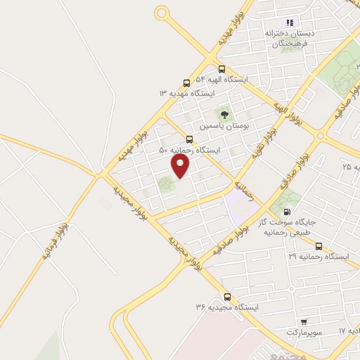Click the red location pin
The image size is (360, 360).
[x=181, y=165]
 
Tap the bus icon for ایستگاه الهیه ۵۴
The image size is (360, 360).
[x=221, y=69]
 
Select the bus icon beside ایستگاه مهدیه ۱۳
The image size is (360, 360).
[x=186, y=82]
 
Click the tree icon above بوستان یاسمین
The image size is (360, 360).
[x=224, y=113]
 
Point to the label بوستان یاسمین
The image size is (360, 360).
[x=224, y=127]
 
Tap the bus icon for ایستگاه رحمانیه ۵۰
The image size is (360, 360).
[x=189, y=139]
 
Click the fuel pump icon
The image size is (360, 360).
[x=286, y=212]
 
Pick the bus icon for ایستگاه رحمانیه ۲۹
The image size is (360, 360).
[x=319, y=246]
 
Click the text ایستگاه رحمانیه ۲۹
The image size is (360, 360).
[x=319, y=257]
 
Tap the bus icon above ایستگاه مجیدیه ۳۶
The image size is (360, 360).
[x=226, y=296]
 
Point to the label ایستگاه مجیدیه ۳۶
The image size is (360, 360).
[x=227, y=308]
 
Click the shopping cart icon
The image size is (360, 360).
[x=303, y=321]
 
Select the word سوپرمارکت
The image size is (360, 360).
[x=303, y=331]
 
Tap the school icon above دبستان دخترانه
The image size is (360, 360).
[x=290, y=22]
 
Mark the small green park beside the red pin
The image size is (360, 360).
[x=166, y=185]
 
